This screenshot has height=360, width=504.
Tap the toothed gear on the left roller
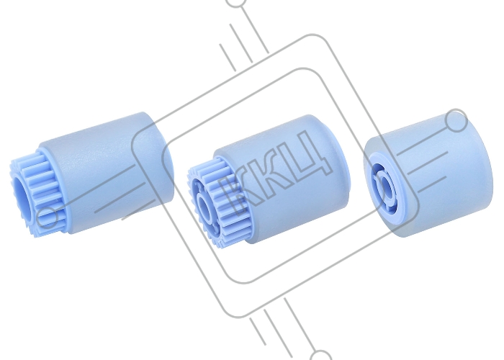(x=35, y=193)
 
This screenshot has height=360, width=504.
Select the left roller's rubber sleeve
(x=106, y=171)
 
